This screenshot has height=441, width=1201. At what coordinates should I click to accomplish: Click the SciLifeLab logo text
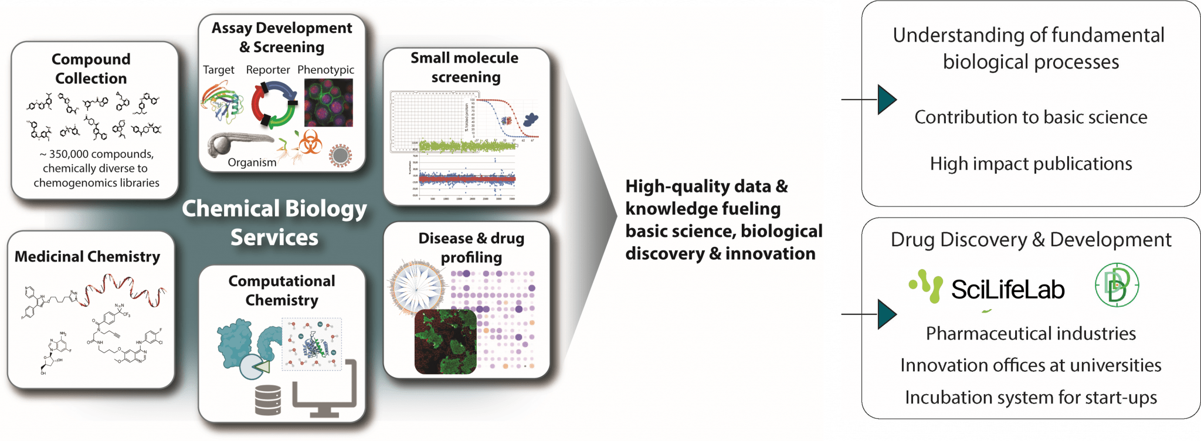pyautogui.click(x=1007, y=290)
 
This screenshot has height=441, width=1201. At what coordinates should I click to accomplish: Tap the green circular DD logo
pyautogui.click(x=1117, y=285)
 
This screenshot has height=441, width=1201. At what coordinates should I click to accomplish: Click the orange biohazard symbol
pyautogui.click(x=310, y=142)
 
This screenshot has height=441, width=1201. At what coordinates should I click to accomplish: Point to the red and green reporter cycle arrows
pyautogui.click(x=274, y=104)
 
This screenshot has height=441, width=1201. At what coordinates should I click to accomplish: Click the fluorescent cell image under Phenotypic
pyautogui.click(x=328, y=103)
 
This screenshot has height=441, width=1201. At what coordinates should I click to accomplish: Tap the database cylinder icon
pyautogui.click(x=268, y=399)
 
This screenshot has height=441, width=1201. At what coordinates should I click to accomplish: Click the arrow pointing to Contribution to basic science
pyautogui.click(x=886, y=100)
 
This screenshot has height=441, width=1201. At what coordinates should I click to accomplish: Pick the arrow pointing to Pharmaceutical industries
pyautogui.click(x=886, y=314)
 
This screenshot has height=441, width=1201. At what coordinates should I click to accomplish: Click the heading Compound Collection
pyautogui.click(x=91, y=69)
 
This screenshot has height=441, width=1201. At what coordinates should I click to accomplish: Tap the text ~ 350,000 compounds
pyautogui.click(x=97, y=154)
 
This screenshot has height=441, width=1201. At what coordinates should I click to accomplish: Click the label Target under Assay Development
pyautogui.click(x=218, y=70)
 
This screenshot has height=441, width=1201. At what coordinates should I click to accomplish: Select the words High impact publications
pyautogui.click(x=1030, y=164)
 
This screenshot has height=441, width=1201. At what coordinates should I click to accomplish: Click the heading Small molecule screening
pyautogui.click(x=465, y=67)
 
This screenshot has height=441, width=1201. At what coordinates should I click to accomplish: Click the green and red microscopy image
pyautogui.click(x=445, y=341)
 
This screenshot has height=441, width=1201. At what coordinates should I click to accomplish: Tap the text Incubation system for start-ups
pyautogui.click(x=1030, y=398)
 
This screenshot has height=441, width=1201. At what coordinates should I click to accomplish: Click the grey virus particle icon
pyautogui.click(x=340, y=155)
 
